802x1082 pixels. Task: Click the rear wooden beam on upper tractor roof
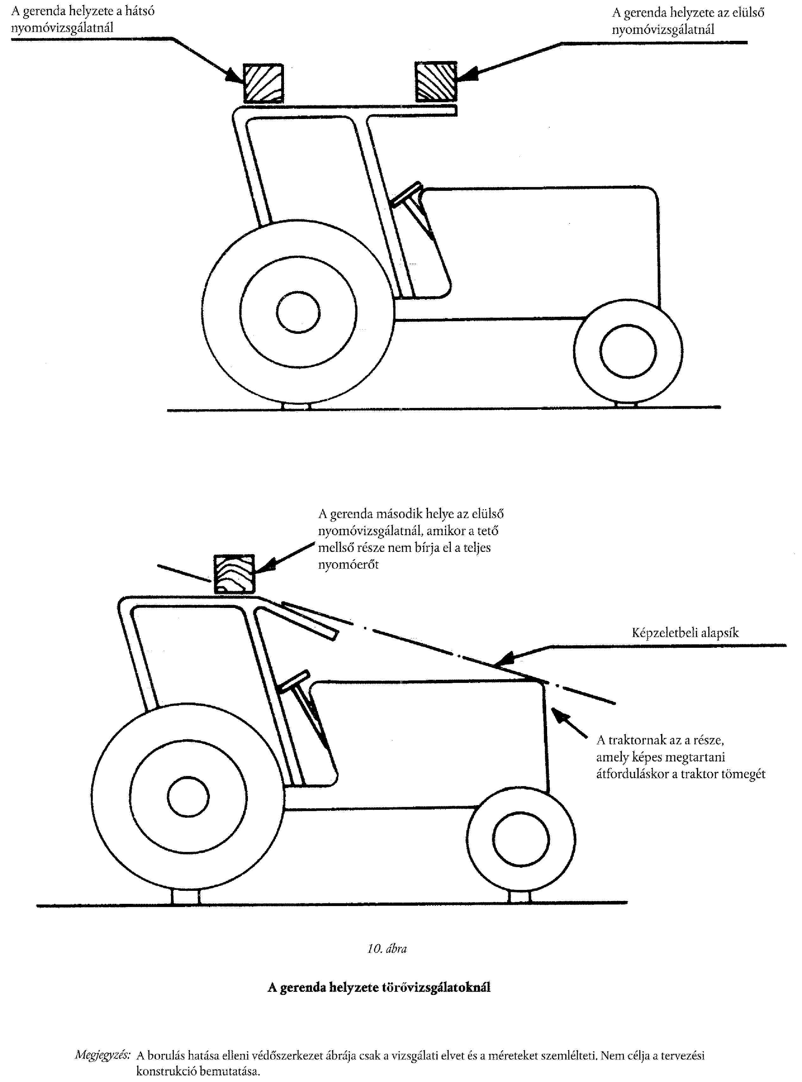[x=263, y=84]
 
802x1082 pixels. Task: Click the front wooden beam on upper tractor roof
[x=436, y=82]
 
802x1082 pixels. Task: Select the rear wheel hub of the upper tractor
[x=298, y=312]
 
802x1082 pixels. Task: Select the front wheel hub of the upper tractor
[x=628, y=351]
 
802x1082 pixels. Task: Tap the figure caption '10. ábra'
[x=387, y=948]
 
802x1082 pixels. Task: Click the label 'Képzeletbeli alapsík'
[x=685, y=633]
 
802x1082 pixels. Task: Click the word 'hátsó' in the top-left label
[x=140, y=11]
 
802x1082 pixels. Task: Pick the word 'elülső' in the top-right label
[x=747, y=13]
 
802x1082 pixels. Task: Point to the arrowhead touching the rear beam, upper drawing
[x=234, y=77]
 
